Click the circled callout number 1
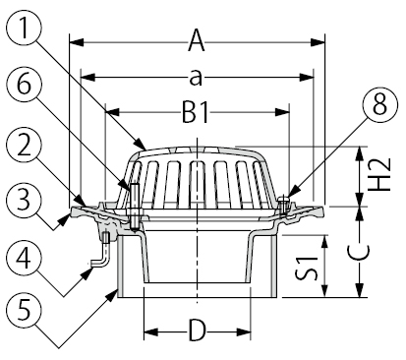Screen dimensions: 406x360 [24, 29]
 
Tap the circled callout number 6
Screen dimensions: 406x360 [24, 85]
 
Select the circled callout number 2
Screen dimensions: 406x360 [24, 147]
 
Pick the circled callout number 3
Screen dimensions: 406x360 [24, 200]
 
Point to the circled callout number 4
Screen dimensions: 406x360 [24, 258]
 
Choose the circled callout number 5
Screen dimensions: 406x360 [24, 311]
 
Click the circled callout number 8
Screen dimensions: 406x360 [380, 104]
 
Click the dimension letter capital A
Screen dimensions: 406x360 [197, 40]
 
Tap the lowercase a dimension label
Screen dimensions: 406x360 [196, 79]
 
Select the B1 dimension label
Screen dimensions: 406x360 [196, 113]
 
